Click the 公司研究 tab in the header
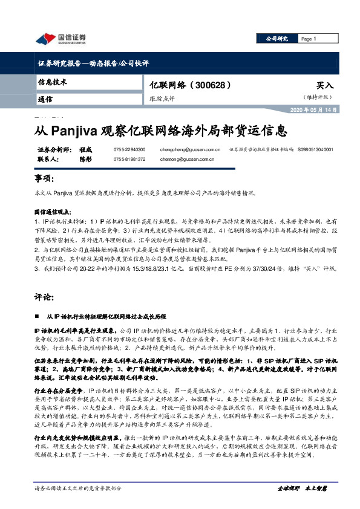pos(278,39)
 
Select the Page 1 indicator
pos(309,39)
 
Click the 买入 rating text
pos(324,86)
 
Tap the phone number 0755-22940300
pos(129,149)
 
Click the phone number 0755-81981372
pos(129,160)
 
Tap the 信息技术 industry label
pos(53,82)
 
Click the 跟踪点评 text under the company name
pos(162,98)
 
